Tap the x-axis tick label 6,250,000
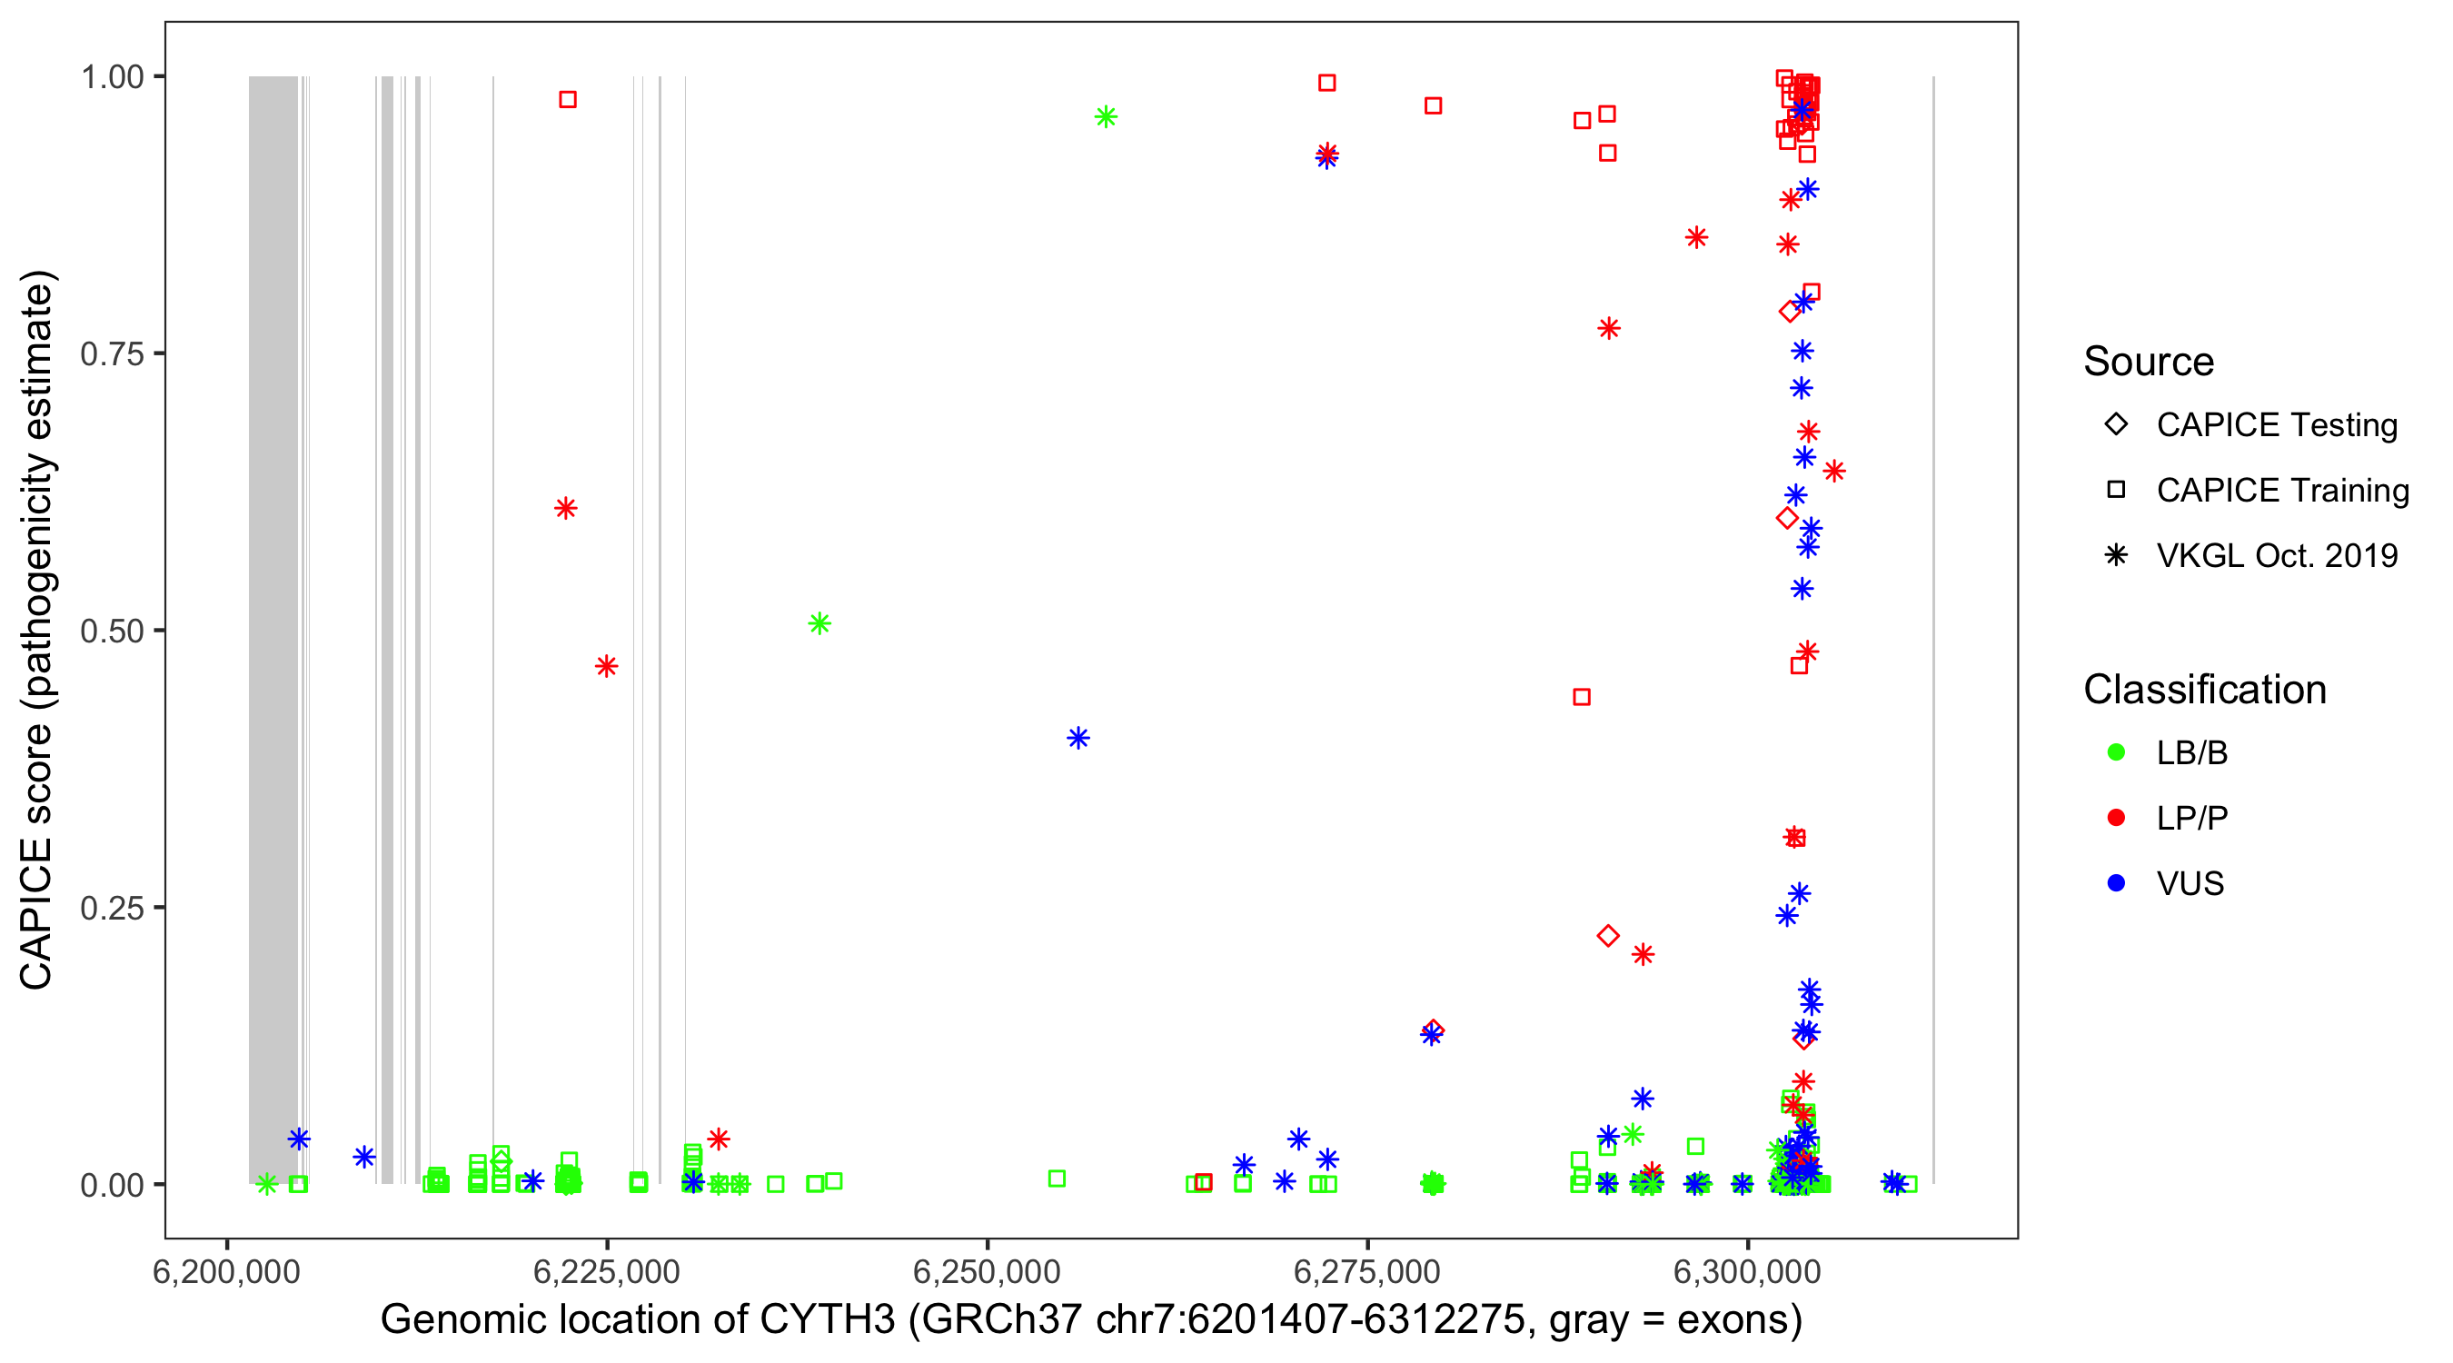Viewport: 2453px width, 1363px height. [x=987, y=1271]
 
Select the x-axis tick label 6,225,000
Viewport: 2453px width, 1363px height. [x=607, y=1271]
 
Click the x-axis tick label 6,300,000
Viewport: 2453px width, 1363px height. [x=1747, y=1271]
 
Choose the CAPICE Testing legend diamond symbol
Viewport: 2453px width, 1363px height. [x=2116, y=425]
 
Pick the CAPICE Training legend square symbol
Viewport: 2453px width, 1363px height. [x=2116, y=491]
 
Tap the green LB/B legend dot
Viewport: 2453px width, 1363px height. [x=2116, y=753]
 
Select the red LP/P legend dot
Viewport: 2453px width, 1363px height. [x=2116, y=818]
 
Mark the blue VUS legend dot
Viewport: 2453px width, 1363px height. [x=2116, y=884]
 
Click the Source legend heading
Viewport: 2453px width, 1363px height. [x=2149, y=362]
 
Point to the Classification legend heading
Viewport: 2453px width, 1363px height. [x=2204, y=690]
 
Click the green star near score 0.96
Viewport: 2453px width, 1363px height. [x=1106, y=117]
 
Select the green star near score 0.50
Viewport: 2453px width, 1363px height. [x=819, y=624]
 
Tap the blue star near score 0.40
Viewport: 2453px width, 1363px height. [x=1078, y=738]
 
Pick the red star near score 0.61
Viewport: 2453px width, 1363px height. [x=566, y=509]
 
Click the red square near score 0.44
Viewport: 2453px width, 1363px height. [x=1582, y=697]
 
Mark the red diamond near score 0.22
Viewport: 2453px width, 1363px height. [x=1607, y=936]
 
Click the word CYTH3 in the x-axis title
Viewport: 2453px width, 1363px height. [x=827, y=1320]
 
